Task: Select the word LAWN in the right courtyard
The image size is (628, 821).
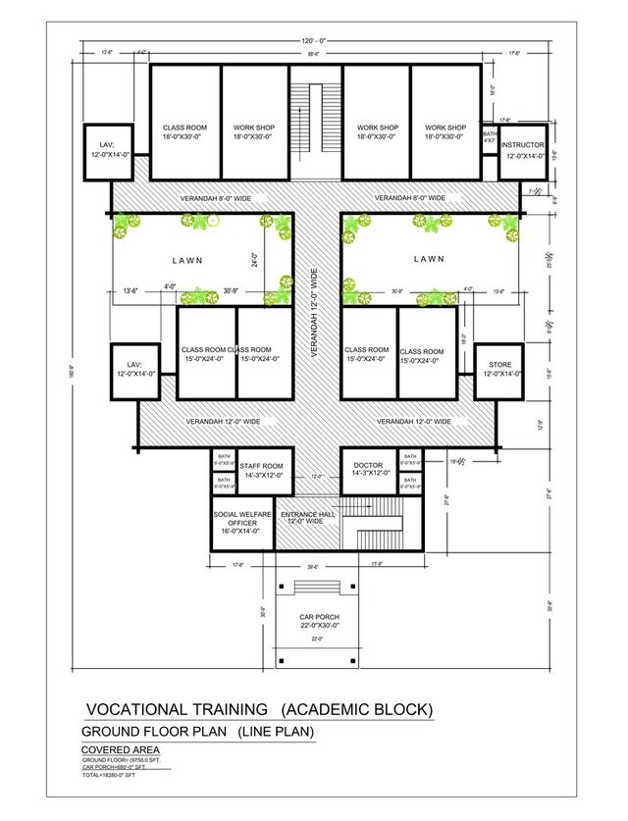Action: pyautogui.click(x=428, y=259)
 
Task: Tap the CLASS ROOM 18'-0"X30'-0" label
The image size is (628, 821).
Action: pyautogui.click(x=184, y=132)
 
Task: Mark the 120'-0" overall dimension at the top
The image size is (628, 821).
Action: pyautogui.click(x=314, y=41)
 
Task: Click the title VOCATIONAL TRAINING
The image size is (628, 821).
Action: pyautogui.click(x=177, y=709)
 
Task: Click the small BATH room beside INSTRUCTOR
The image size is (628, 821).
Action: pyautogui.click(x=489, y=137)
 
